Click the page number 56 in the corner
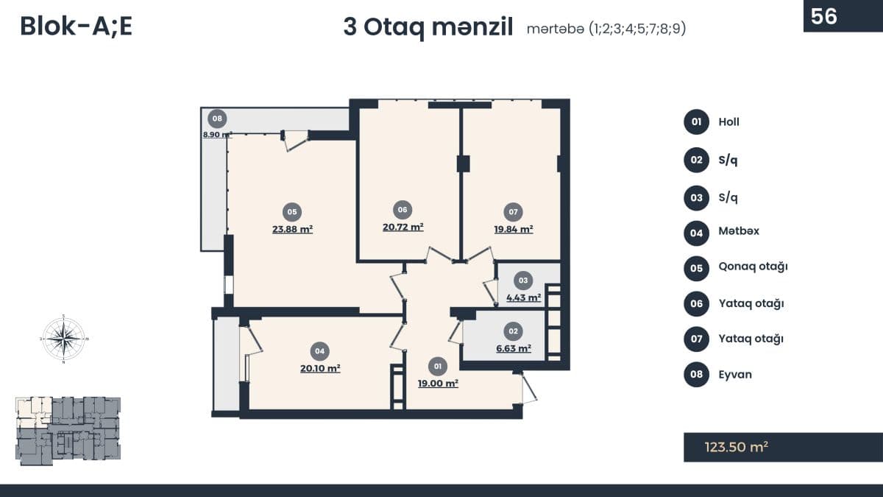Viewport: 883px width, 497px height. [824, 15]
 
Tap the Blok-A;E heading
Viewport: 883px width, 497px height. [76, 26]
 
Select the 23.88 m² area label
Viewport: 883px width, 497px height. [292, 229]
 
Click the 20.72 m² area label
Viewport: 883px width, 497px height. [403, 228]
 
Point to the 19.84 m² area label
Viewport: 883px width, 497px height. [514, 229]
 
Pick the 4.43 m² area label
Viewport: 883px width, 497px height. [523, 298]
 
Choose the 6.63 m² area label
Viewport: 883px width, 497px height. [514, 349]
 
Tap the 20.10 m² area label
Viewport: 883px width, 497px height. [319, 369]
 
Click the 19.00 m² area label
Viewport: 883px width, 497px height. [438, 384]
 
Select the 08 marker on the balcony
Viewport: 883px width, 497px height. [216, 119]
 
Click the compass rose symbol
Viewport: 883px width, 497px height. [63, 339]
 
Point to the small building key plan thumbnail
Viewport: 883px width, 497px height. [68, 431]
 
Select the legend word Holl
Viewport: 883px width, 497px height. [729, 122]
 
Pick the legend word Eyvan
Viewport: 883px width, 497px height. [735, 375]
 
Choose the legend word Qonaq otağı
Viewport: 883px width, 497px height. [753, 267]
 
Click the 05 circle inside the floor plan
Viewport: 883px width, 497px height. [292, 212]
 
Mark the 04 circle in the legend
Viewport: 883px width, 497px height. [696, 233]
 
